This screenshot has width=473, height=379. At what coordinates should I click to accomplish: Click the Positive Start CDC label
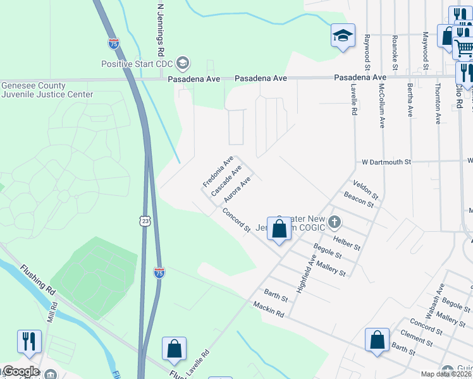(138, 63)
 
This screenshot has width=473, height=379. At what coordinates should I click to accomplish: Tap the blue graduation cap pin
(342, 36)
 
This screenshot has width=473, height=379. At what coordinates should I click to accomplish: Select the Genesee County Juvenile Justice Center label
(47, 90)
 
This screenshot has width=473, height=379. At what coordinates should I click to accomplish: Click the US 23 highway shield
(145, 220)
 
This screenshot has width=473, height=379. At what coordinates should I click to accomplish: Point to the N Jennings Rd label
(161, 28)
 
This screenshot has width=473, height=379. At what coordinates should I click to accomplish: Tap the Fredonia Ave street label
(218, 171)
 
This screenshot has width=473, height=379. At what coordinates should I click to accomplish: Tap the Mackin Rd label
(269, 310)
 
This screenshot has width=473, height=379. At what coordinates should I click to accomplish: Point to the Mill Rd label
(54, 314)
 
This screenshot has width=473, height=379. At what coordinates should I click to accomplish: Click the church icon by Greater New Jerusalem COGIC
(335, 222)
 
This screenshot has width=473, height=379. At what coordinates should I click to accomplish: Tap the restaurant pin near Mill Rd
(29, 342)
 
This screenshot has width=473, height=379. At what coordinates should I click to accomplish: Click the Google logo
(21, 371)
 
